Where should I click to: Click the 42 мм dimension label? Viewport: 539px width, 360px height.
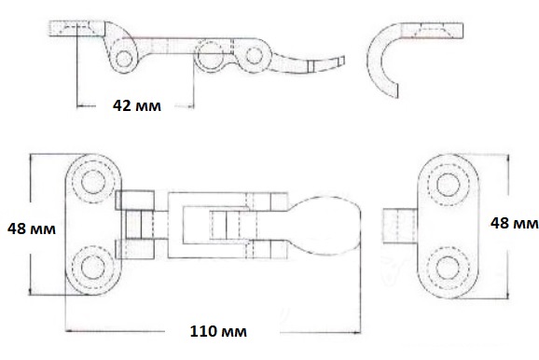click(137, 105)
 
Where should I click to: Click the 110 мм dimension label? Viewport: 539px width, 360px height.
click(218, 331)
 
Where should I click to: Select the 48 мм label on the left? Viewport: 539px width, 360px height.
click(32, 228)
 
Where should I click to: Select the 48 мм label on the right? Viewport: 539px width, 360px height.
click(514, 223)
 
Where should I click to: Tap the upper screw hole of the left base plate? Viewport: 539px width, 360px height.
click(93, 181)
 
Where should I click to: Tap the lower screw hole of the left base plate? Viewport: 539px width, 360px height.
click(93, 268)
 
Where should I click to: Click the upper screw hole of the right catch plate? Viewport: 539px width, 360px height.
click(449, 185)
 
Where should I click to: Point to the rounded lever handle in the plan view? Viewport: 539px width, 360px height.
click(325, 226)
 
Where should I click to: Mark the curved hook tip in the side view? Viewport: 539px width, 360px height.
click(394, 90)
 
